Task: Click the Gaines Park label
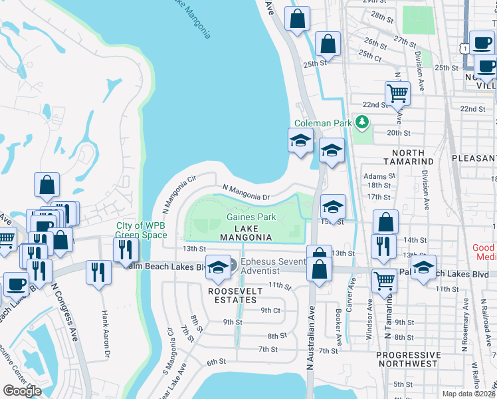pyautogui.click(x=250, y=217)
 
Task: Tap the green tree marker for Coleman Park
pyautogui.click(x=362, y=122)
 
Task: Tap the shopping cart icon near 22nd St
pyautogui.click(x=397, y=93)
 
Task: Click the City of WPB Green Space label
pyautogui.click(x=142, y=230)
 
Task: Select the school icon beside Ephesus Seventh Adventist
pyautogui.click(x=217, y=267)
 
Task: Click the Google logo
pyautogui.click(x=22, y=391)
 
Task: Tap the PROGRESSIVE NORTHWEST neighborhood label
pyautogui.click(x=407, y=359)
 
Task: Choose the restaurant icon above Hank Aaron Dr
pyautogui.click(x=98, y=272)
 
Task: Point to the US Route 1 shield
pyautogui.click(x=464, y=47)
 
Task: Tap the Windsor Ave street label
pyautogui.click(x=369, y=319)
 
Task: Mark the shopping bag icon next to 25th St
pyautogui.click(x=327, y=45)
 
